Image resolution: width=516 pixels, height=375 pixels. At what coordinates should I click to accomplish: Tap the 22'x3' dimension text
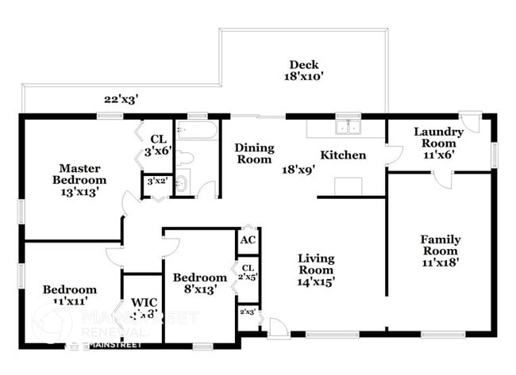tap(121, 99)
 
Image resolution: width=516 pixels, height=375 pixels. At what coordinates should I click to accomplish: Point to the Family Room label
tap(441, 246)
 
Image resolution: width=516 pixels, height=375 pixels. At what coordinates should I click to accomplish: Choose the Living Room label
tap(316, 265)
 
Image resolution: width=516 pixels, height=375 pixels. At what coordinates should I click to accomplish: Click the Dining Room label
tap(254, 153)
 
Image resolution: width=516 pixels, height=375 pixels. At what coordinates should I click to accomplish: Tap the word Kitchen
tap(343, 155)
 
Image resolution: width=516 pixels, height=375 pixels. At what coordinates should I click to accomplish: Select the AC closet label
tap(247, 240)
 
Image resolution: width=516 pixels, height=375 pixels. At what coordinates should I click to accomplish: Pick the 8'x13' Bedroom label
tap(199, 284)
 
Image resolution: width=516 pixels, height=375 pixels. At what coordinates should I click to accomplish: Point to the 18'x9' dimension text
tap(300, 169)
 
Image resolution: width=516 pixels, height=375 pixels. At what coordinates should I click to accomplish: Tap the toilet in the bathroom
tap(183, 156)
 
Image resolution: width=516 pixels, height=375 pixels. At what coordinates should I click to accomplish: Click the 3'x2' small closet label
tap(155, 182)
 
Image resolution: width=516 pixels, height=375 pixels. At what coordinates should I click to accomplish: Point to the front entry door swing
tap(275, 326)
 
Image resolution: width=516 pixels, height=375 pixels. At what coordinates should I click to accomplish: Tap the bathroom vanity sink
tap(182, 185)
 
